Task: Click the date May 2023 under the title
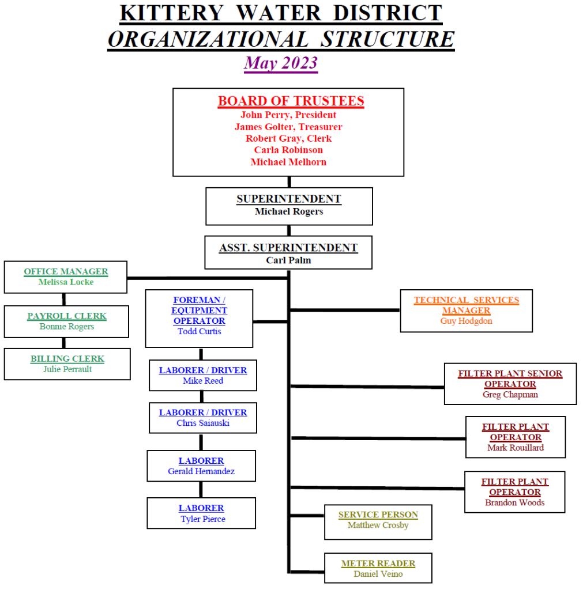(281, 63)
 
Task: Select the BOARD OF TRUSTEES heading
(291, 101)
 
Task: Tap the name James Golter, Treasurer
(288, 127)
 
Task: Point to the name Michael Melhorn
(288, 162)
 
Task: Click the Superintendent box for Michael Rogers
(289, 206)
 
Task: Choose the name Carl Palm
(288, 260)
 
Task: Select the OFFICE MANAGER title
(66, 271)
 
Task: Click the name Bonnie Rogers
(67, 327)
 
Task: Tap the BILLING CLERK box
(67, 364)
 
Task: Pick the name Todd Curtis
(199, 331)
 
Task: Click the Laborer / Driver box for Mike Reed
(203, 375)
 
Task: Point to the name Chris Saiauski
(203, 423)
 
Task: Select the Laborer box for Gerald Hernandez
(201, 466)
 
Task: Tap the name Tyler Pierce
(202, 519)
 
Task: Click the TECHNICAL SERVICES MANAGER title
(466, 305)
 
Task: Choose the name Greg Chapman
(510, 395)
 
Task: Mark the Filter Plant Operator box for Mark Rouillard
(516, 437)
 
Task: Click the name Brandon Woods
(514, 502)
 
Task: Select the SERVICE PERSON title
(378, 515)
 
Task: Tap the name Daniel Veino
(378, 574)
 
